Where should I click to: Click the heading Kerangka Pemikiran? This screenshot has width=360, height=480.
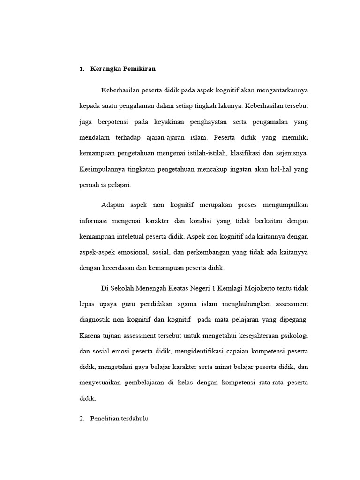point(123,69)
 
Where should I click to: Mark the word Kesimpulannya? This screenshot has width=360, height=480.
point(100,169)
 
